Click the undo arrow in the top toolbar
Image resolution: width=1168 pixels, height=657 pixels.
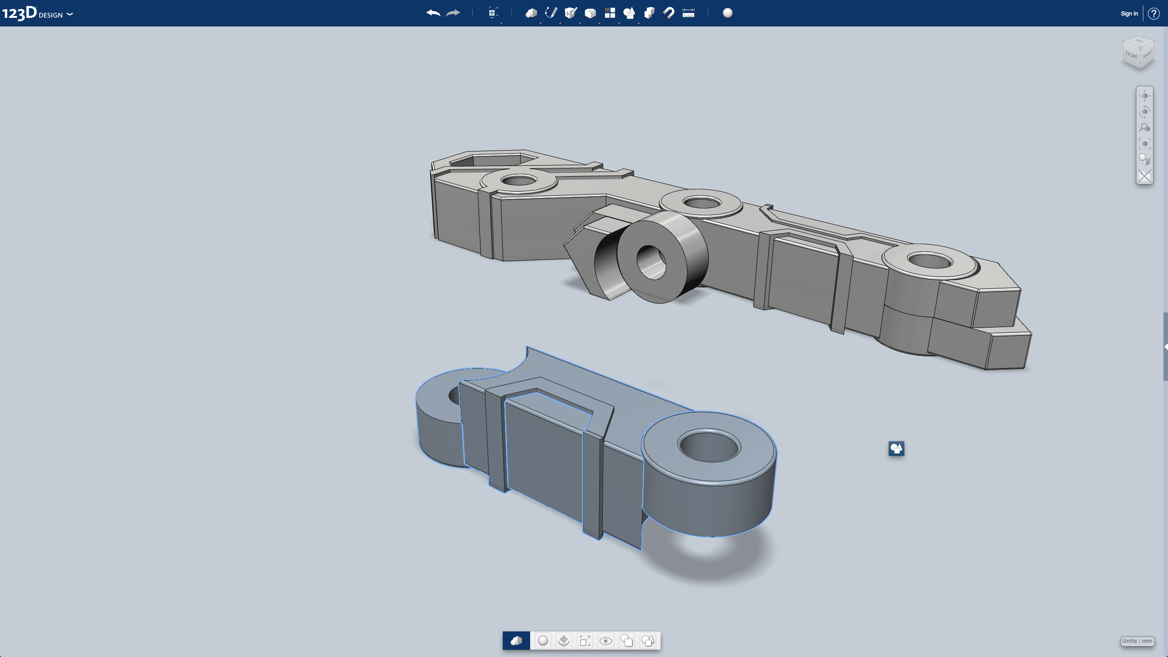click(433, 13)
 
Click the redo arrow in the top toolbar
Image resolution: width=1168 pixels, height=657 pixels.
click(453, 13)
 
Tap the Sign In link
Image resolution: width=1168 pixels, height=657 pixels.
click(1129, 14)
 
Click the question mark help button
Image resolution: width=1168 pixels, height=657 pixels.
click(1153, 14)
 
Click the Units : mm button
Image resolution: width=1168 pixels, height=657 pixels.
click(1137, 641)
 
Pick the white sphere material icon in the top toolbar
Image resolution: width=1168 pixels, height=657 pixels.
click(728, 13)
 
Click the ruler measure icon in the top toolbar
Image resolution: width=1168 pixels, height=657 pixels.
click(688, 13)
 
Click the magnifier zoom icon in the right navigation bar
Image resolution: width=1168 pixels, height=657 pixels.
click(1144, 128)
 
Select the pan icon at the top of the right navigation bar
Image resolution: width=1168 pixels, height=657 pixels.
click(1144, 96)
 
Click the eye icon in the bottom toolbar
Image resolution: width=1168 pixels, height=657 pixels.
click(605, 641)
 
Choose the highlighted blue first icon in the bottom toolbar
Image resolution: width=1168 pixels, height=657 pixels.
click(516, 641)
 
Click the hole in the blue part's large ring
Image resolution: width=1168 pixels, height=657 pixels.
click(709, 446)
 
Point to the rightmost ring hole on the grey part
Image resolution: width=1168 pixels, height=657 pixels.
click(930, 261)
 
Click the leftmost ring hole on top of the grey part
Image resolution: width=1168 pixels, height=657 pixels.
click(519, 181)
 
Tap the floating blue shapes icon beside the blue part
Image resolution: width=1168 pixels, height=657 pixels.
click(896, 448)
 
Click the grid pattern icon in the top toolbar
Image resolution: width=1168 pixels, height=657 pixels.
click(610, 13)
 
